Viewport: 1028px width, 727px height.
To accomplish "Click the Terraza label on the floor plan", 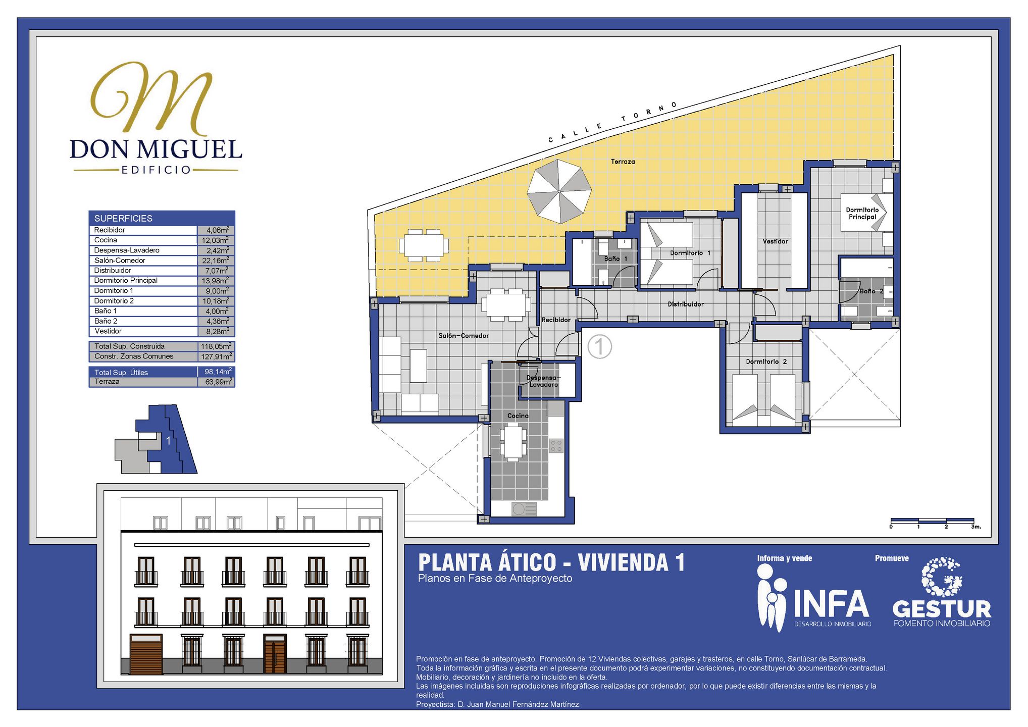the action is (x=623, y=162).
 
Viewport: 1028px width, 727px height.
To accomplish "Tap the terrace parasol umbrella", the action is (x=559, y=191).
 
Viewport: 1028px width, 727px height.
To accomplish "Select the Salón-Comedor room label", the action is (x=464, y=336).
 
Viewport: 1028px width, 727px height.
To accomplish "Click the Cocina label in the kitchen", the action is (x=518, y=416).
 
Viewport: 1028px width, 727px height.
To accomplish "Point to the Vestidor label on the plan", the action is (x=775, y=241).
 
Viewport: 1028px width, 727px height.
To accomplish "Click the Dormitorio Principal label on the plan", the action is (x=862, y=214).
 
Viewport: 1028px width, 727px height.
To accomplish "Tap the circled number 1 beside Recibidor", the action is (x=600, y=347).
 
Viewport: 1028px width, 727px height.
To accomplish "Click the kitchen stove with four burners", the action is (x=556, y=446).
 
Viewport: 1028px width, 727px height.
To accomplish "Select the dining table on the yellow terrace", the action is (x=424, y=245).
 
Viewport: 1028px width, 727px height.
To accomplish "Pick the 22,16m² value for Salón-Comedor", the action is (x=216, y=261).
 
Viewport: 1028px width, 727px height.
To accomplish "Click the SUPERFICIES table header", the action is (x=123, y=219).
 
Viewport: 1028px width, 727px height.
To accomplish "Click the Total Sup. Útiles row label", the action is (x=121, y=373).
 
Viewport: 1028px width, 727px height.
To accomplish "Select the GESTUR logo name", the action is (x=942, y=609).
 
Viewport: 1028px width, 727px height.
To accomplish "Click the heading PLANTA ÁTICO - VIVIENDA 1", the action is (x=551, y=562).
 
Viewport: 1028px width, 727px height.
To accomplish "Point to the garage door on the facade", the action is (x=146, y=654).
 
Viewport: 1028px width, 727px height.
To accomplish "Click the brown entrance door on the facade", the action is (x=275, y=654).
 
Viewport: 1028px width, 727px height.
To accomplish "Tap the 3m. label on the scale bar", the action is (x=976, y=527).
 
